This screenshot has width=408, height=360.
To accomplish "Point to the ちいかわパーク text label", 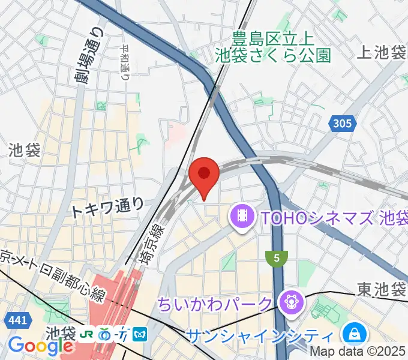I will pyautogui.click(x=215, y=305).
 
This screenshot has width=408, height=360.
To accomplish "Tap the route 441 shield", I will pyautogui.click(x=17, y=321).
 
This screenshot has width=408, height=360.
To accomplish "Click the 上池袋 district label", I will pyautogui.click(x=381, y=53).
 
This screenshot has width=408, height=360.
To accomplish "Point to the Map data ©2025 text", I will pyautogui.click(x=367, y=353).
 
